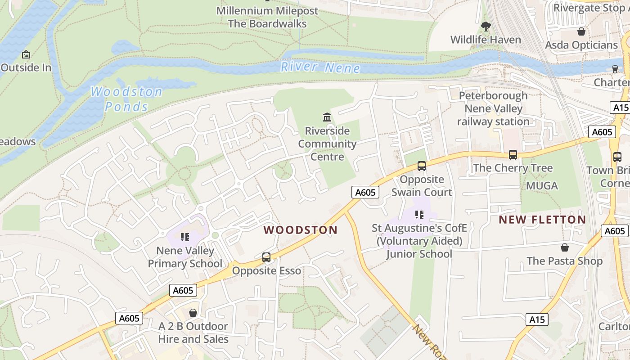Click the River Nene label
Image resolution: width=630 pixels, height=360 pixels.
[x=320, y=67]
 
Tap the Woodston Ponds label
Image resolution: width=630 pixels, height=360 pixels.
[x=126, y=99]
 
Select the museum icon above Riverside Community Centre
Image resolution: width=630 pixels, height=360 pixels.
[x=327, y=117]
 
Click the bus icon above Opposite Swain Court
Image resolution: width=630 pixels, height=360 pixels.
[x=421, y=166]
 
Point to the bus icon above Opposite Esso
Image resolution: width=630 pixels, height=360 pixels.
[x=266, y=257]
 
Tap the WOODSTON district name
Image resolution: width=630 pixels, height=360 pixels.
[x=300, y=230]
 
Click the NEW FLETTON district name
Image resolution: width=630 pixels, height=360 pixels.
[x=542, y=220]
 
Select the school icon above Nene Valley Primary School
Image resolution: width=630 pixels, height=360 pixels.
[x=184, y=237]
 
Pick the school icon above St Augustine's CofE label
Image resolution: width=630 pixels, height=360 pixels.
[x=419, y=215]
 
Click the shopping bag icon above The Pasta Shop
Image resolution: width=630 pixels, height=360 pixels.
[x=564, y=247]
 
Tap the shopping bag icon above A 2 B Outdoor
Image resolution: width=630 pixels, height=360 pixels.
[x=193, y=312]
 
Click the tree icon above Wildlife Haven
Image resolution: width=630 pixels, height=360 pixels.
[x=486, y=27]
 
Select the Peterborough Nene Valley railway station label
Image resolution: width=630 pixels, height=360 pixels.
[x=493, y=108]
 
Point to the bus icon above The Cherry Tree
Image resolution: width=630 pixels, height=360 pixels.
[x=513, y=155]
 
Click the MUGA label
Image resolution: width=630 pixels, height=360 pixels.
[x=542, y=185]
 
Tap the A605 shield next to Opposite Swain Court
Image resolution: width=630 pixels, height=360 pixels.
[x=365, y=193]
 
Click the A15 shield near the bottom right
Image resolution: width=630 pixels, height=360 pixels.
[x=536, y=319]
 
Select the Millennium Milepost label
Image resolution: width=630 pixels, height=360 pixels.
[x=267, y=11]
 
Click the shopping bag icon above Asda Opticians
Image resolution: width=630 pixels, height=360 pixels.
[x=581, y=31]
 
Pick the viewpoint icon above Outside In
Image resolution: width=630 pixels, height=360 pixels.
[x=26, y=54]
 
